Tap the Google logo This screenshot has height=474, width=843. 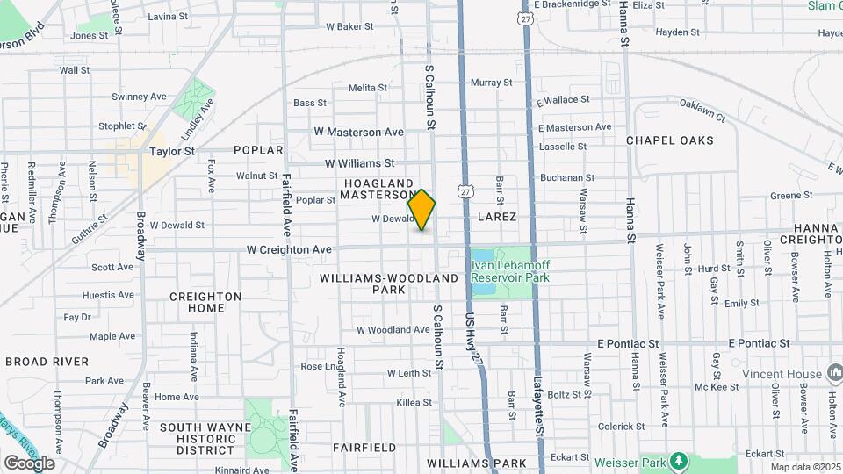coord(29,463)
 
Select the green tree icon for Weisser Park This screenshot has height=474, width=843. coord(677,461)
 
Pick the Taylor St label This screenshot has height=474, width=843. coord(171,151)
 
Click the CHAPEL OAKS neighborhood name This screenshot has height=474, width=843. coord(669,140)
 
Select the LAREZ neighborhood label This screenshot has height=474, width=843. coord(497,215)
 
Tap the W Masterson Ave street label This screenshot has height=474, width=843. coord(358,132)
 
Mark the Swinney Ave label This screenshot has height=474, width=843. coord(140,97)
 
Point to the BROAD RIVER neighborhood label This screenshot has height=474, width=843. coord(47,362)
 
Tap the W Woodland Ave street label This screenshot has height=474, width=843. coord(393,330)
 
